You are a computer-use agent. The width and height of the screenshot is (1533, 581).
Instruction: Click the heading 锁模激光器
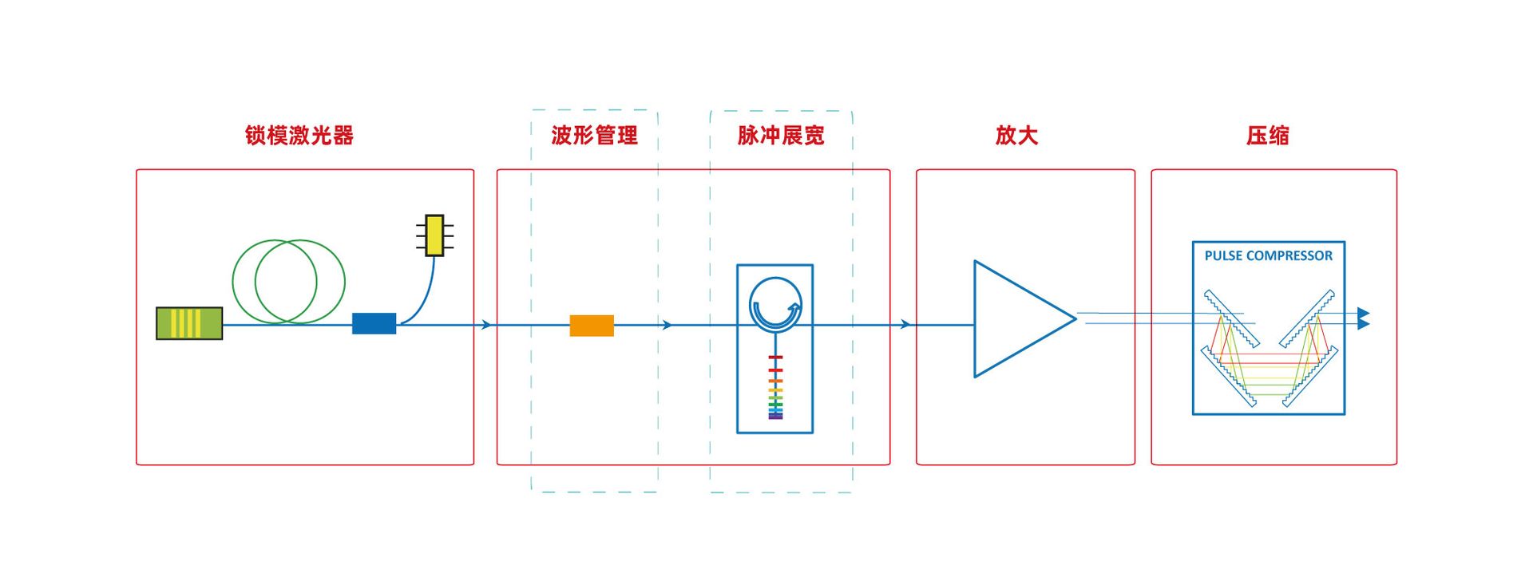coord(299,136)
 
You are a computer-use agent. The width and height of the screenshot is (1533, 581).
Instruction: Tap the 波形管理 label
coord(594,136)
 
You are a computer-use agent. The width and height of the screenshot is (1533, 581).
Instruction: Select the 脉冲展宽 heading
coord(780,136)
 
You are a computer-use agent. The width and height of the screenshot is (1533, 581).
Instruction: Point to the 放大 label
coord(1016,136)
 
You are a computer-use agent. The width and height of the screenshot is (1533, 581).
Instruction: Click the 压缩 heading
coord(1267,136)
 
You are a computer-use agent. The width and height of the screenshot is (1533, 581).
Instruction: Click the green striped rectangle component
coord(189,323)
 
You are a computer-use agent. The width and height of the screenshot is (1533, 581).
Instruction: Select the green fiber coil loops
coord(288,281)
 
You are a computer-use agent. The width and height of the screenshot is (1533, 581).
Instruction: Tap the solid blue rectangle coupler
coord(374,323)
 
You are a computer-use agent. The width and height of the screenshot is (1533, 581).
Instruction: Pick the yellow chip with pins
coord(434,235)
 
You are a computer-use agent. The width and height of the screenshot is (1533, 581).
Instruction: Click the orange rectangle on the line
coord(592,326)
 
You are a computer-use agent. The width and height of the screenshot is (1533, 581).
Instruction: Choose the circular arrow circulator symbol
coord(775,304)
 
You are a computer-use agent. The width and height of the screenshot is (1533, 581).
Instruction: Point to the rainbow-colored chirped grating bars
coord(775,391)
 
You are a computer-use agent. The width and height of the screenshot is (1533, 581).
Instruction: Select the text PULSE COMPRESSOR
coord(1268,256)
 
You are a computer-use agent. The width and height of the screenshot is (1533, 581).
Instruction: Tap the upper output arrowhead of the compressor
coord(1364,313)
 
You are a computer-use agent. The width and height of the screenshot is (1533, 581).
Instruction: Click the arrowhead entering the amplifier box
coord(905,325)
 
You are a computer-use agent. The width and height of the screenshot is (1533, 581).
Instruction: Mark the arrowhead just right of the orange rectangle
coord(667,325)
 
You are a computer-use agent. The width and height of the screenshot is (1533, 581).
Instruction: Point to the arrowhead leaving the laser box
coord(486,325)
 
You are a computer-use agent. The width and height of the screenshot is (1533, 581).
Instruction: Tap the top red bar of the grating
coord(775,358)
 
